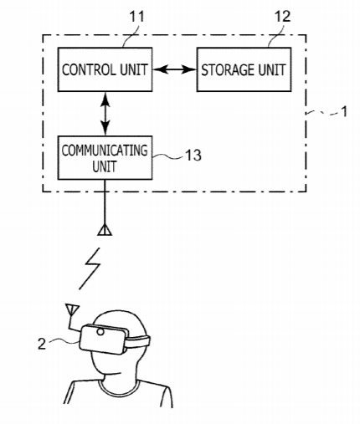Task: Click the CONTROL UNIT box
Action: [x=105, y=69]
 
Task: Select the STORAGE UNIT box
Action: [x=244, y=69]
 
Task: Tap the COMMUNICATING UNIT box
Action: [x=105, y=157]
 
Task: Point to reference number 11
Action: [x=136, y=17]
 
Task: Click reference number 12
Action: [x=283, y=17]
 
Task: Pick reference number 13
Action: [x=193, y=155]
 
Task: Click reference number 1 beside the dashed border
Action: [x=345, y=111]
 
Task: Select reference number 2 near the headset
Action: [x=42, y=344]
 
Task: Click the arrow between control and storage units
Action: [x=175, y=69]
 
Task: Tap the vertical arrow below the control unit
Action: [x=105, y=114]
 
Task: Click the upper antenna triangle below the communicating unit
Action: [x=105, y=230]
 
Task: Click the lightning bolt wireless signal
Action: [x=90, y=268]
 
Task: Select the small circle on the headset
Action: [x=100, y=332]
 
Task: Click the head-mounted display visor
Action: [x=104, y=339]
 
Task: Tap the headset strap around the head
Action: [x=138, y=342]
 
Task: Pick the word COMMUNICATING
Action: [x=105, y=151]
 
